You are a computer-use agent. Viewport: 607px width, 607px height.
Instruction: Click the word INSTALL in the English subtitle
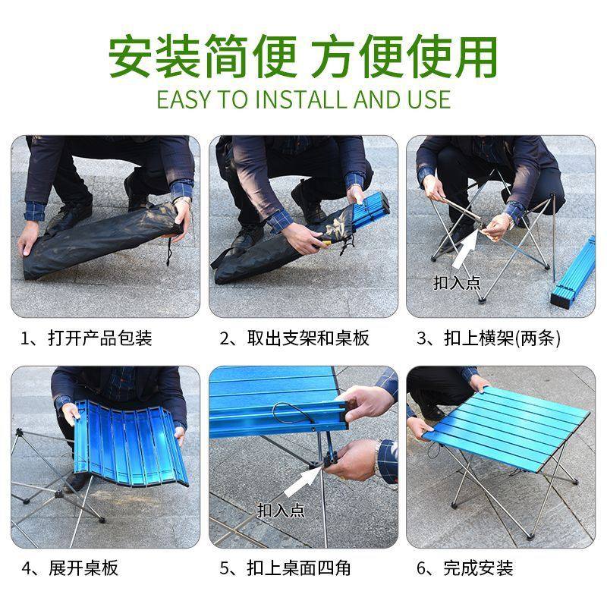click(294, 99)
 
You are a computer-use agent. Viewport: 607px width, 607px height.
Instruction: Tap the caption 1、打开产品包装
click(86, 338)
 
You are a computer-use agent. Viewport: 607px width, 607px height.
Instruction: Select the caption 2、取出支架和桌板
click(294, 338)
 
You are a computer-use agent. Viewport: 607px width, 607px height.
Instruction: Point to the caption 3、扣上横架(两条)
click(490, 338)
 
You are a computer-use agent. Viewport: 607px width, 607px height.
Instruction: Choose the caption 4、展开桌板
click(70, 568)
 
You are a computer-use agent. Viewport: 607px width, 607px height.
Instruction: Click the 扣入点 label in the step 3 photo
click(457, 283)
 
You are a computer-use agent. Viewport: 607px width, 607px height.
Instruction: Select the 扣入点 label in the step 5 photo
click(281, 511)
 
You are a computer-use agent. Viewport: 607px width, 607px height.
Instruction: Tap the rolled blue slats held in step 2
click(370, 212)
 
